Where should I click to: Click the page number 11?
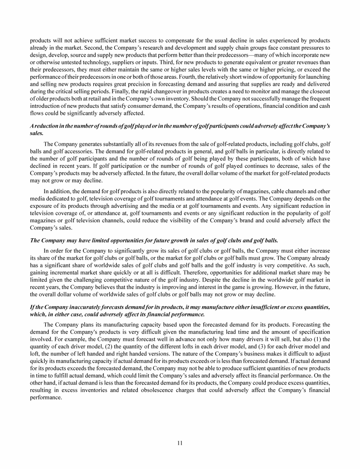coord(180,442)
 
